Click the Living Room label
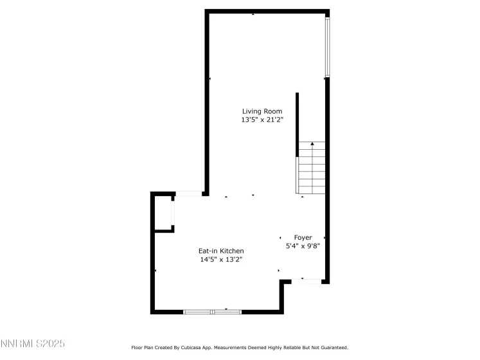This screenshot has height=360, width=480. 253,111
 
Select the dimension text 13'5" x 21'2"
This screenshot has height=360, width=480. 253,120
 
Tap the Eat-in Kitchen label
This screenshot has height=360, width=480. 220,251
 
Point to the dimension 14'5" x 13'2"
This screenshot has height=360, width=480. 220,259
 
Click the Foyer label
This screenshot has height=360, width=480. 303,237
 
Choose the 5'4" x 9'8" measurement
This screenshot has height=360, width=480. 303,246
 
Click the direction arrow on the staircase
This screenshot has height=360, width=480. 312,146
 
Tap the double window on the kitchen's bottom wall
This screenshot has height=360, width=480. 212,312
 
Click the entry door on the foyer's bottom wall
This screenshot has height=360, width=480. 307,281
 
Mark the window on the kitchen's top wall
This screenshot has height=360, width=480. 189,194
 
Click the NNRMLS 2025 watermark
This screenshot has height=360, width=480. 33,345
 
